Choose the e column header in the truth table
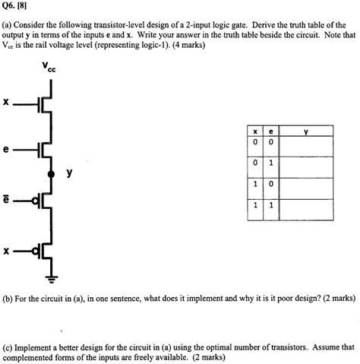[x=270, y=131]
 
